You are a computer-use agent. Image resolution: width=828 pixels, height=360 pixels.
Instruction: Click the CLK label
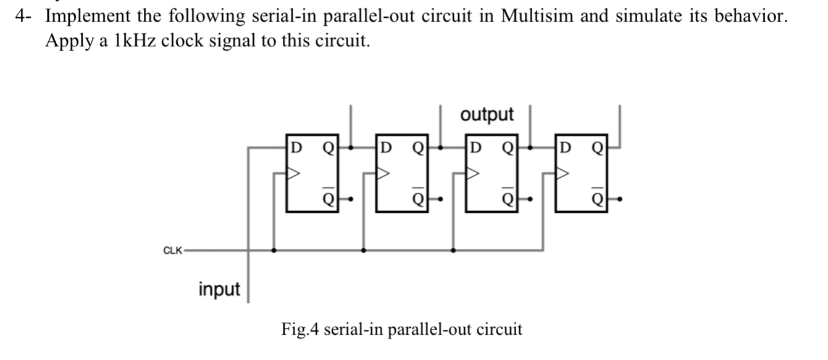(172, 250)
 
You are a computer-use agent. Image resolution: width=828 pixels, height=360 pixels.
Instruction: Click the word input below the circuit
(219, 288)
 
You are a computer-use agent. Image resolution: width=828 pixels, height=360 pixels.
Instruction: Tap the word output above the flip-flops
(487, 114)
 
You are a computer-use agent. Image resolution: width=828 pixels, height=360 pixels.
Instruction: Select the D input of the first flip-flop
(296, 148)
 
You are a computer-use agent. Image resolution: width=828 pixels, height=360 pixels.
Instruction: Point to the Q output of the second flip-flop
(417, 148)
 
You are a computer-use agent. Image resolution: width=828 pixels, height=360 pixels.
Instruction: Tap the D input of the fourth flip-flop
(566, 148)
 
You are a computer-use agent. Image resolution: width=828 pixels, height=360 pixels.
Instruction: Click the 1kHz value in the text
(132, 41)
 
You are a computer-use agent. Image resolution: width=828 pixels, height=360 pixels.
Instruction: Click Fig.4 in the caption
(300, 329)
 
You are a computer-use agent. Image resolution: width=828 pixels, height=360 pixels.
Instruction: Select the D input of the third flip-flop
(475, 148)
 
